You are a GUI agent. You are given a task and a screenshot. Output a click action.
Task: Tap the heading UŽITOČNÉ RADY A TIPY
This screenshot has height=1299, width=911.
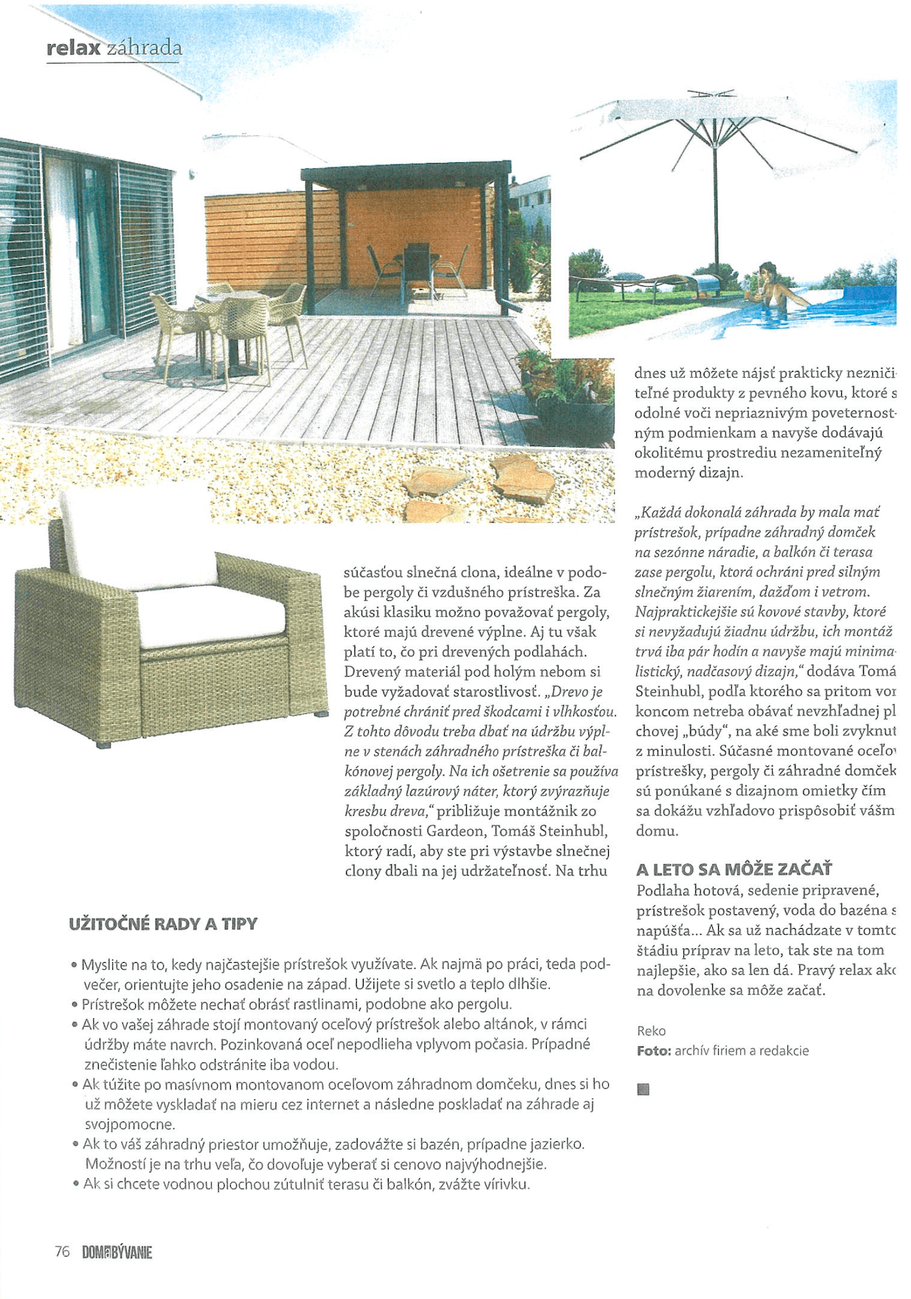point(162,924)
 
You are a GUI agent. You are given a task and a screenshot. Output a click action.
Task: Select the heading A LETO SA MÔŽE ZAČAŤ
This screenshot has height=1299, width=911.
point(733,870)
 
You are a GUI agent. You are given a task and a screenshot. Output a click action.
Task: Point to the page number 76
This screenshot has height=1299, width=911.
point(62,1252)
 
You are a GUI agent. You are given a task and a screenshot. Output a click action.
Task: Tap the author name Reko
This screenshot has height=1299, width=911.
point(651,1030)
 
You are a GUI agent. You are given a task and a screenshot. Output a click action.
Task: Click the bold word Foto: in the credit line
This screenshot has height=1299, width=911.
point(654,1051)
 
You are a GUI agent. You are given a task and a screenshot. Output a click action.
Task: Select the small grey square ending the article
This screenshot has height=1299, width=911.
point(644,1090)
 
